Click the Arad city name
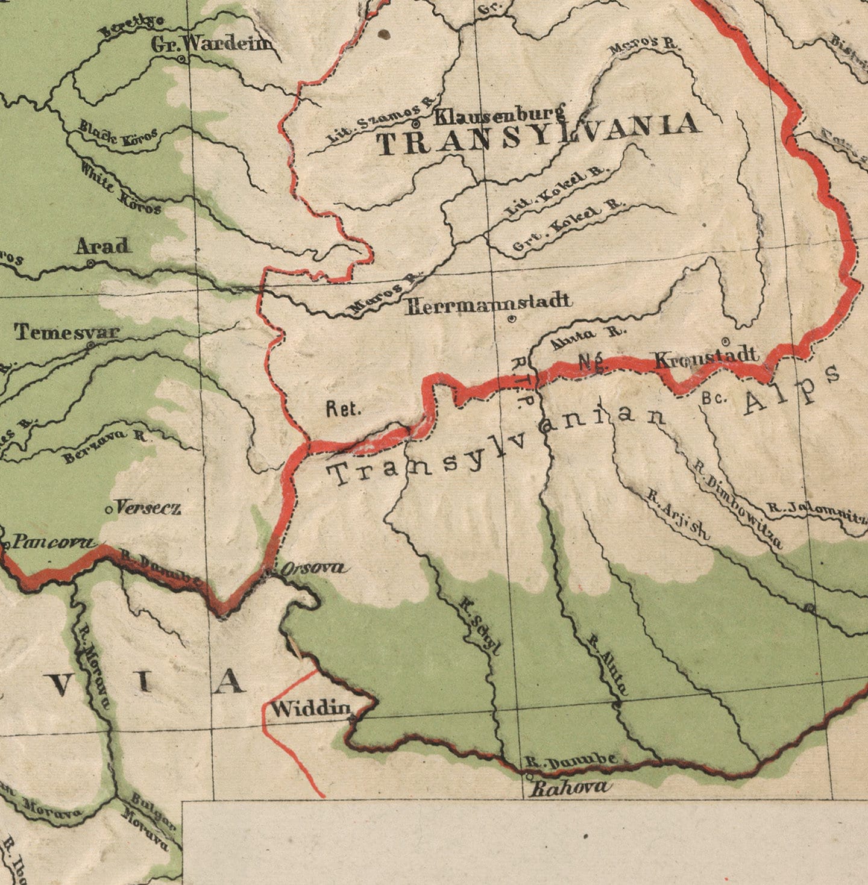(x=102, y=246)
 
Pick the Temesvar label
(x=67, y=331)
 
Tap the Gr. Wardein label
(x=211, y=44)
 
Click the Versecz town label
(x=148, y=508)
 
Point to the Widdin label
(x=310, y=709)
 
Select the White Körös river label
(x=121, y=188)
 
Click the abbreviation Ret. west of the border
(x=344, y=410)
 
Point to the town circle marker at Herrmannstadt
(x=511, y=319)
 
